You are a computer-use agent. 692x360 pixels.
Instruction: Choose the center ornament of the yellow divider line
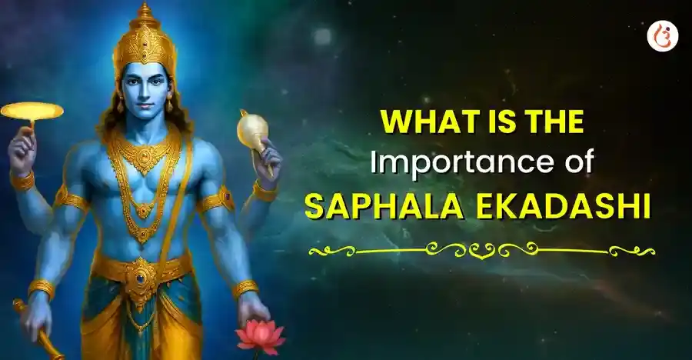click(482, 250)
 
